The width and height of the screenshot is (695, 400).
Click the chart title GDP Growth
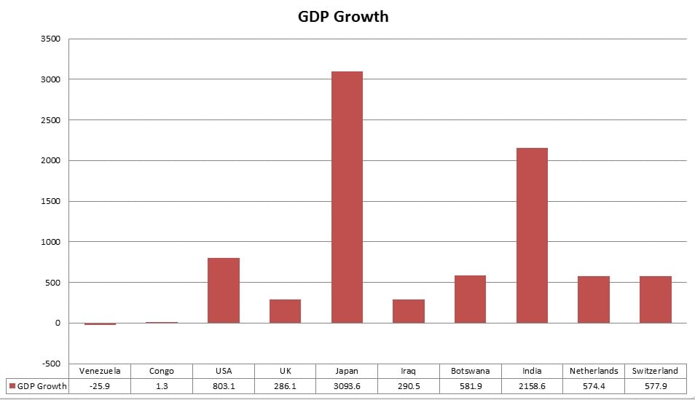(343, 16)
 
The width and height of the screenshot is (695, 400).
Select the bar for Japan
(347, 197)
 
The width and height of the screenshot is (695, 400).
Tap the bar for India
(532, 235)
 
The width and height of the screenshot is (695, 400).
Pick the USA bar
(223, 290)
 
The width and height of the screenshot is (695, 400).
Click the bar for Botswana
(470, 299)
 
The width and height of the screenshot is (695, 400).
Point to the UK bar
(285, 311)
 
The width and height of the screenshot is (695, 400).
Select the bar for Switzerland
(655, 299)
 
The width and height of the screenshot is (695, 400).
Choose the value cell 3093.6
(347, 386)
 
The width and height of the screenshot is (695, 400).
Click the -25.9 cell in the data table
(100, 386)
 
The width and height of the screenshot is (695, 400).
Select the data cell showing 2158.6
(532, 386)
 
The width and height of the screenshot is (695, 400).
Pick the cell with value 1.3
(162, 386)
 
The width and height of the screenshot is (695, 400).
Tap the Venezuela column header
(100, 371)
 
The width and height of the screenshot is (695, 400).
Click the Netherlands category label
(594, 371)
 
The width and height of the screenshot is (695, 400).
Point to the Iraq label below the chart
(409, 371)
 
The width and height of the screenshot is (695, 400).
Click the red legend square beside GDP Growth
(12, 386)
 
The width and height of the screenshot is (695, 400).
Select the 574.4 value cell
(594, 386)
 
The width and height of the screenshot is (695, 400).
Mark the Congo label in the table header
(162, 371)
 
